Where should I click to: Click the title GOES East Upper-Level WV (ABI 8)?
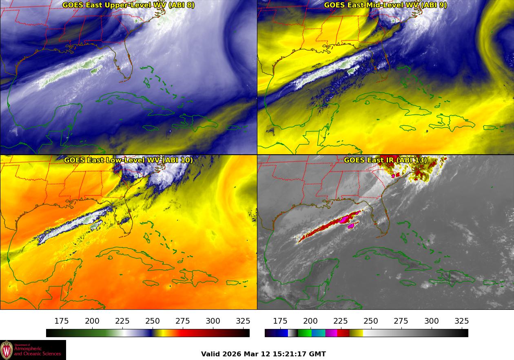click(x=128, y=5)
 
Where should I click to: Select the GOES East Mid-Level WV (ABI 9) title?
click(x=385, y=5)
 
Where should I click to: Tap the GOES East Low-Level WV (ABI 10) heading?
click(x=128, y=160)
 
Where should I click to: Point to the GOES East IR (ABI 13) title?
click(x=385, y=160)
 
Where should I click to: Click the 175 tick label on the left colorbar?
click(x=62, y=321)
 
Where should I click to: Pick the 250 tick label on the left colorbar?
click(x=153, y=321)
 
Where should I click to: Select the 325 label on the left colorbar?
click(x=243, y=321)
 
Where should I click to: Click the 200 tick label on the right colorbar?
click(x=310, y=321)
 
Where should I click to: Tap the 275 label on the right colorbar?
click(x=401, y=321)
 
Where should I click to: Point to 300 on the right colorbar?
click(x=431, y=321)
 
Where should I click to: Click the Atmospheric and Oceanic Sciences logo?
click(x=33, y=350)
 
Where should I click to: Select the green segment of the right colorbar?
click(x=304, y=333)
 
